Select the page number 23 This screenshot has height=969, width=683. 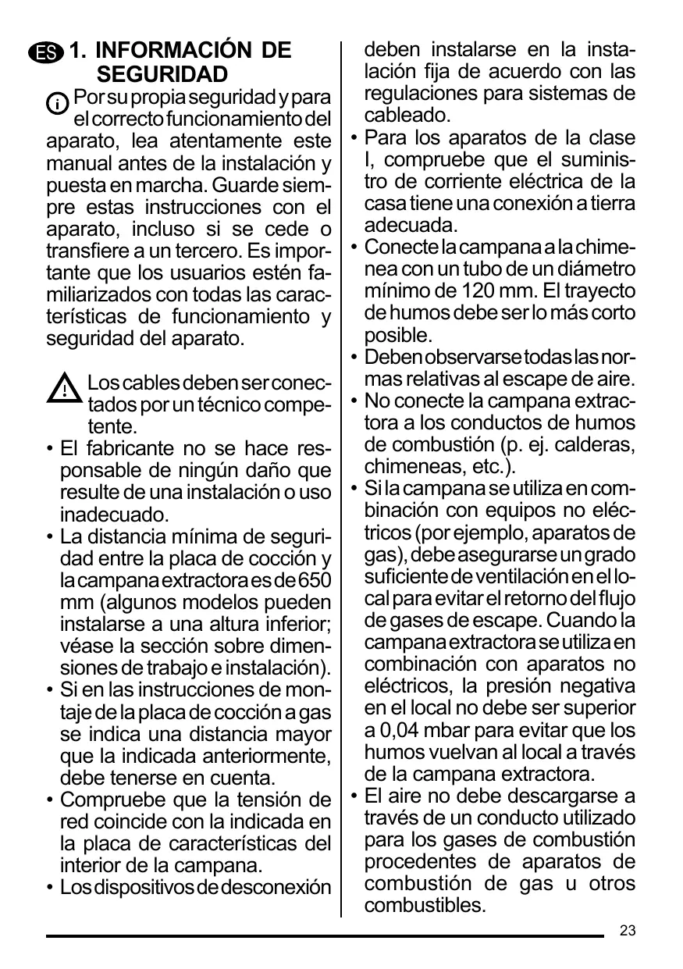628,931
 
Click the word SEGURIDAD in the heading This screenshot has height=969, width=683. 162,75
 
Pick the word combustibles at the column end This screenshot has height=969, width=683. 424,907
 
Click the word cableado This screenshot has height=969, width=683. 407,116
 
